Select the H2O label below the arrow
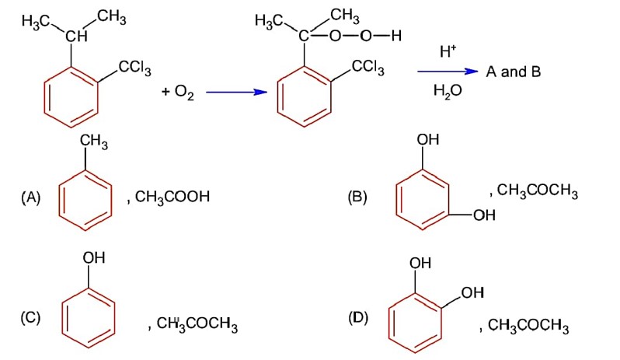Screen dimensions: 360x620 pos(448,91)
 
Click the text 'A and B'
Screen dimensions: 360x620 pos(514,72)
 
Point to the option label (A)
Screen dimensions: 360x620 pos(30,197)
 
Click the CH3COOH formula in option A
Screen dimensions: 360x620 pos(172,197)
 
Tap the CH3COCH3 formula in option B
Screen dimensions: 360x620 pos(537,190)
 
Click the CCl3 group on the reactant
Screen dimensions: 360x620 pos(134,68)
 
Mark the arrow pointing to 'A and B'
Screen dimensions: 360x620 pos(448,72)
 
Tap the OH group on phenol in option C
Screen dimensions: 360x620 pos(94,257)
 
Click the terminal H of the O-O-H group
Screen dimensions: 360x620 pos(396,36)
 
